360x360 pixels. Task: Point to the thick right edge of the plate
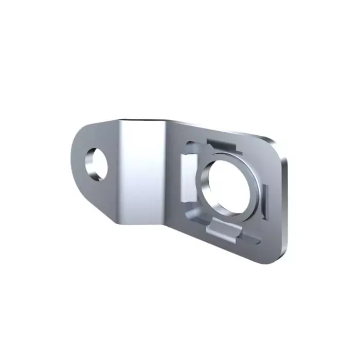(x=284, y=206)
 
